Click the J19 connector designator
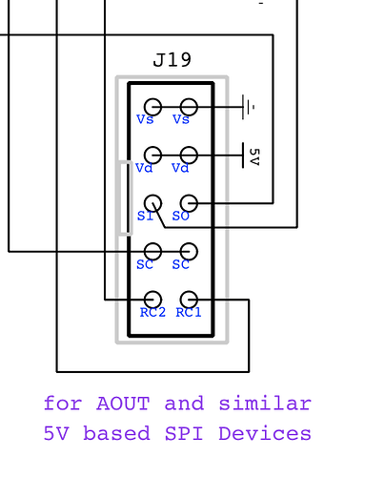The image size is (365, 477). click(x=172, y=60)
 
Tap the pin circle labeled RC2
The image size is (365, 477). click(x=152, y=300)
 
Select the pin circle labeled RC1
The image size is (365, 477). click(x=189, y=300)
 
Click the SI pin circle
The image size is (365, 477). click(x=152, y=203)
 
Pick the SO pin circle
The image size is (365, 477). click(x=189, y=203)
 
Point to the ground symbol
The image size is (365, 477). click(x=249, y=107)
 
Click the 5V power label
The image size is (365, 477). click(x=254, y=156)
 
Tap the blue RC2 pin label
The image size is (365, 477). click(x=152, y=313)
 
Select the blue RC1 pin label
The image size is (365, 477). click(x=189, y=313)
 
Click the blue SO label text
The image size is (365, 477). click(x=181, y=217)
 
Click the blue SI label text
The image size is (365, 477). click(x=145, y=217)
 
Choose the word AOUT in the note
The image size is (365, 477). click(x=123, y=404)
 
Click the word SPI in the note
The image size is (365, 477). click(x=184, y=433)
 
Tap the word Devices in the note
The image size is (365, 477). click(x=265, y=433)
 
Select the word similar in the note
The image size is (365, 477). click(x=265, y=404)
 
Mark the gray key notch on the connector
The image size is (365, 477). click(x=126, y=198)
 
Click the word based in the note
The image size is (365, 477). click(x=116, y=433)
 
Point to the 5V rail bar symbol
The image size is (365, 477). click(x=243, y=156)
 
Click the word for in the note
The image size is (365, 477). click(x=63, y=404)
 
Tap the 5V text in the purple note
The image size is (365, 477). click(x=56, y=433)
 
